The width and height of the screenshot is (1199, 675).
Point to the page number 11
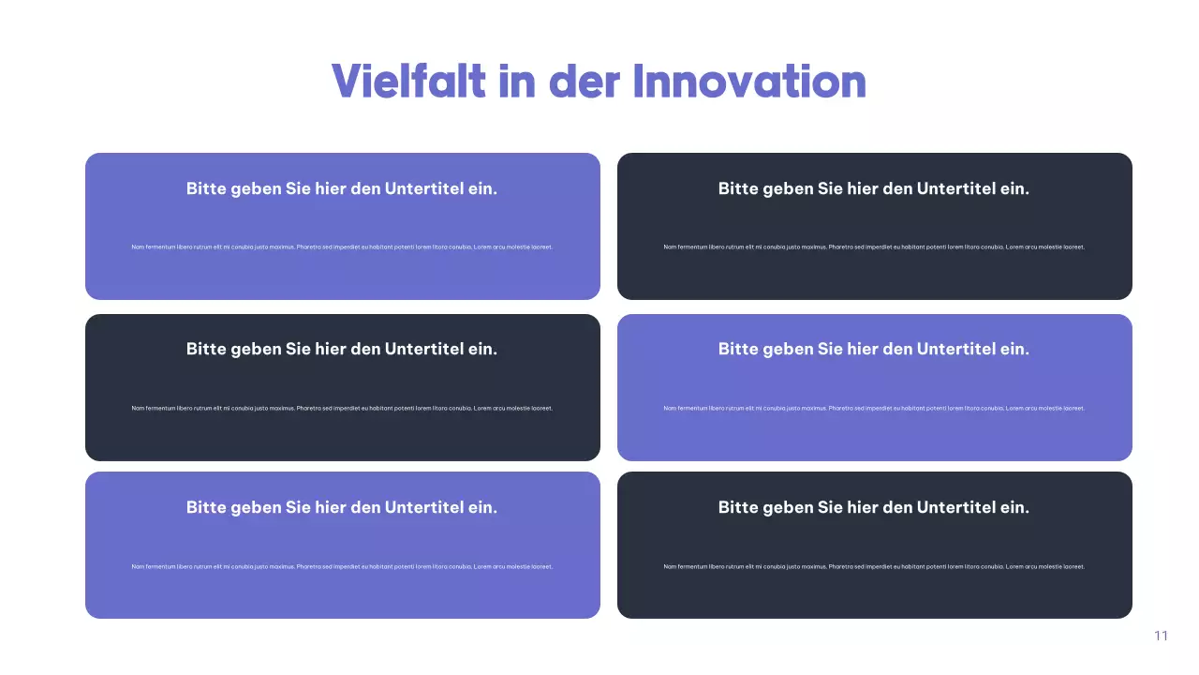pos(1162,636)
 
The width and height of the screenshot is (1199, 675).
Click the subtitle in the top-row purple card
pos(342,188)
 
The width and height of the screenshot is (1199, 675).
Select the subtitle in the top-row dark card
pos(874,188)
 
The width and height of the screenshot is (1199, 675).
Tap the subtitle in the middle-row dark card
pos(342,349)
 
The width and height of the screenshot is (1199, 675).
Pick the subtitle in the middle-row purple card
pos(874,349)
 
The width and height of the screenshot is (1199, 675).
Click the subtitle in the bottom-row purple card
pos(342,507)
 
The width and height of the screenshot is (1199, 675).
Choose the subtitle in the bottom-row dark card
pos(874,507)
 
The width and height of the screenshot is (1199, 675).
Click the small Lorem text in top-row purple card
pos(342,247)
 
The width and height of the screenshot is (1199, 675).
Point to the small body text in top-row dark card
pos(874,247)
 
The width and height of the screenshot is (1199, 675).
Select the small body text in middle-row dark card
pos(342,408)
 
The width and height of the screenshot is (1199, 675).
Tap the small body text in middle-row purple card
pos(874,408)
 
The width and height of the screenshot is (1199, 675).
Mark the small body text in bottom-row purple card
pos(342,566)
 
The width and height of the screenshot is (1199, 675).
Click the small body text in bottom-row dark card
pos(874,566)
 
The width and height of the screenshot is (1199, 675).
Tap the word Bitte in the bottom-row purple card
pos(206,507)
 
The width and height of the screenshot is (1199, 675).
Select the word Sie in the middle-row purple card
pos(830,349)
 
